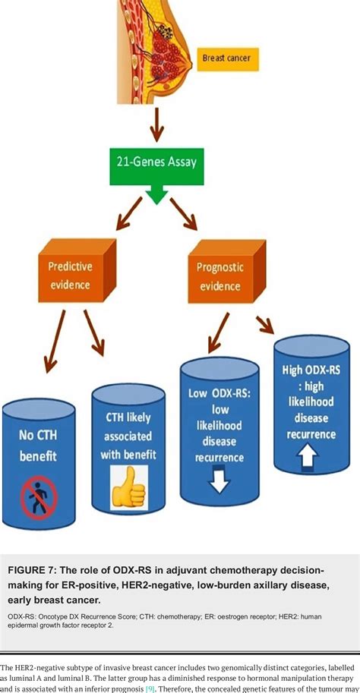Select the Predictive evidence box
[x=71, y=276]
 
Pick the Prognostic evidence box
[x=218, y=276]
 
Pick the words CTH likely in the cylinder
[x=124, y=417]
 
